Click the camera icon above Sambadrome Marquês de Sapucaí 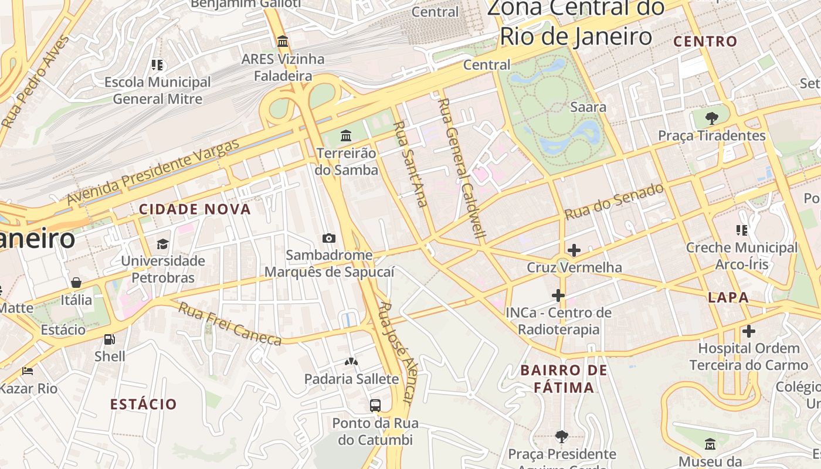pyautogui.click(x=329, y=238)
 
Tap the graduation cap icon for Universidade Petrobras pyautogui.click(x=162, y=244)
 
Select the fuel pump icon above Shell pyautogui.click(x=110, y=339)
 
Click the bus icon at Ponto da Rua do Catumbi pyautogui.click(x=375, y=405)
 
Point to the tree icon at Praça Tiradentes pyautogui.click(x=712, y=118)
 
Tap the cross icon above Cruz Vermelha pyautogui.click(x=574, y=251)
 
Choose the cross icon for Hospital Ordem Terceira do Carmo pyautogui.click(x=748, y=331)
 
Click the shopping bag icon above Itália pyautogui.click(x=76, y=283)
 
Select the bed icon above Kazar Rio pyautogui.click(x=27, y=371)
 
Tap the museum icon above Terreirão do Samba pyautogui.click(x=346, y=136)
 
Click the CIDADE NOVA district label pyautogui.click(x=195, y=209)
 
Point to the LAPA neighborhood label pyautogui.click(x=728, y=297)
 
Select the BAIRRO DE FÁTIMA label pyautogui.click(x=564, y=379)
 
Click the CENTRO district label pyautogui.click(x=705, y=41)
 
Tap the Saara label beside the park pyautogui.click(x=588, y=107)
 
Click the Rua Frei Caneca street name pyautogui.click(x=229, y=324)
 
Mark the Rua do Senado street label pyautogui.click(x=614, y=202)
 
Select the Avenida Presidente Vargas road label pyautogui.click(x=154, y=172)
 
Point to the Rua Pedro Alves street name pyautogui.click(x=36, y=82)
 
